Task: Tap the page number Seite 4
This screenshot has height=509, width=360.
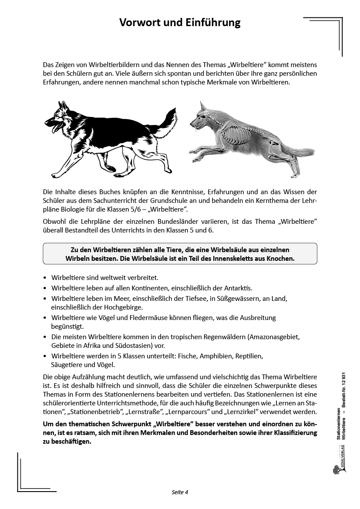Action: pyautogui.click(x=180, y=492)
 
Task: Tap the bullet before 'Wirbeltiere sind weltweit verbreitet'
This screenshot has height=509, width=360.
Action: pyautogui.click(x=46, y=278)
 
